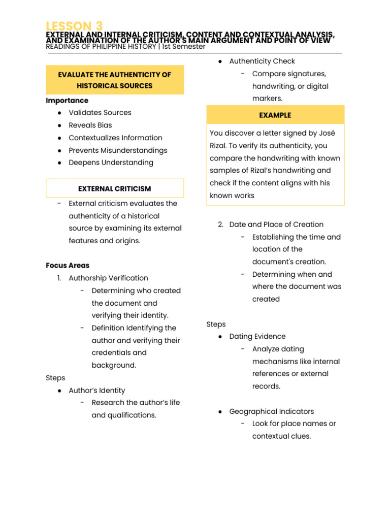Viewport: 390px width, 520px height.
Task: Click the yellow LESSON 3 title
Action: (x=74, y=26)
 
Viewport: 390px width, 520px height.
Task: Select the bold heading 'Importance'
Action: (x=67, y=101)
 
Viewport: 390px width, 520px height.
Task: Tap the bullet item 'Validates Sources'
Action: (x=100, y=113)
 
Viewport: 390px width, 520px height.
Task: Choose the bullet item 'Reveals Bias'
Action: (x=90, y=125)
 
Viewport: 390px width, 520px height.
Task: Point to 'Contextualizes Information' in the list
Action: (x=115, y=138)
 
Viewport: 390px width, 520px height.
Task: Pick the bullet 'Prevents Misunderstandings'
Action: (x=118, y=150)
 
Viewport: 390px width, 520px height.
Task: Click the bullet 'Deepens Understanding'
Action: (x=111, y=162)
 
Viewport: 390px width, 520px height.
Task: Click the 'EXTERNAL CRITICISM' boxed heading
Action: (x=115, y=188)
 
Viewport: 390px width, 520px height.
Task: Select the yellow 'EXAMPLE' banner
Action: (x=275, y=115)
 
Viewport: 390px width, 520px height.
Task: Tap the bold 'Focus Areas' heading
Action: (x=68, y=265)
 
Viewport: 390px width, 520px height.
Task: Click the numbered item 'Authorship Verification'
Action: (x=108, y=278)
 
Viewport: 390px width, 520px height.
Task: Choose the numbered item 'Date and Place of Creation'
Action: (x=276, y=224)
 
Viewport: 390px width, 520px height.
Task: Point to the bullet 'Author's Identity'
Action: (x=96, y=391)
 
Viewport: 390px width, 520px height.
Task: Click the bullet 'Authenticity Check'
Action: (x=262, y=61)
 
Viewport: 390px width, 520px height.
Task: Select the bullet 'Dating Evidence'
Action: (x=257, y=336)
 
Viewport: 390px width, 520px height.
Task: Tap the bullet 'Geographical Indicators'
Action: (x=272, y=411)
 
